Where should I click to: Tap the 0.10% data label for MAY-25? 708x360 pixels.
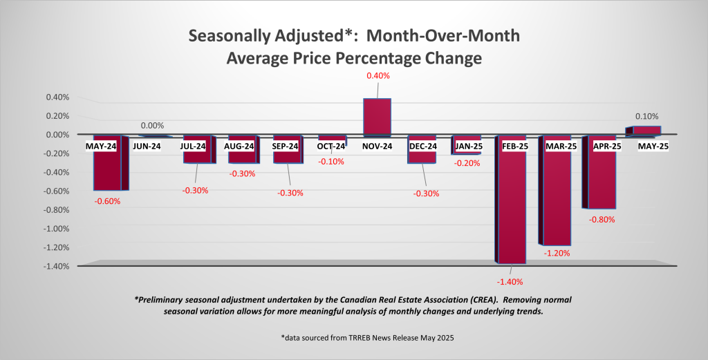[x=646, y=117]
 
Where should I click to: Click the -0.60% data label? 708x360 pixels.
[x=108, y=202]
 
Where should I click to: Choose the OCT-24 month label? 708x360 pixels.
[x=331, y=146]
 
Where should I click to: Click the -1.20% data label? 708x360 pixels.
[x=557, y=254]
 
